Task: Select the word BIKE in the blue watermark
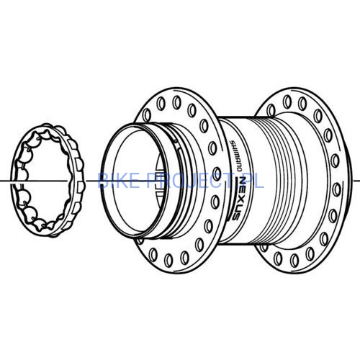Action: tap(114, 179)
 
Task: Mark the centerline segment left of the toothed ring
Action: tap(6, 178)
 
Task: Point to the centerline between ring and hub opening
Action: tap(86, 178)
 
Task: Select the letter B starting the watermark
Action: tap(102, 179)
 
